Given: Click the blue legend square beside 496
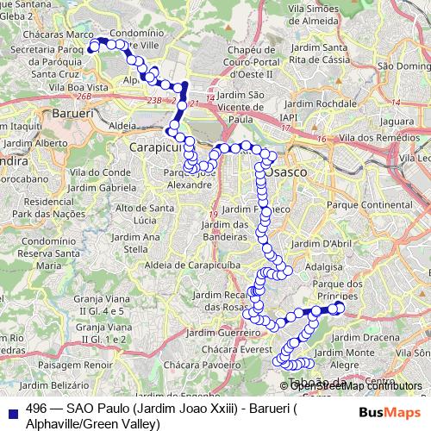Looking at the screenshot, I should tap(13, 412).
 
